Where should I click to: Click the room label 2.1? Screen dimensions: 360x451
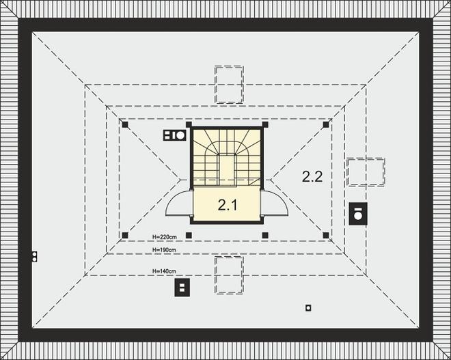[227, 204]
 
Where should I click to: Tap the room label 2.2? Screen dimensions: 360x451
[312, 176]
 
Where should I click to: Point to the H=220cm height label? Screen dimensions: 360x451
[165, 237]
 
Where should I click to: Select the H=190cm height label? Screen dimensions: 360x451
[165, 251]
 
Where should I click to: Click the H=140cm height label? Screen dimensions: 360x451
[165, 271]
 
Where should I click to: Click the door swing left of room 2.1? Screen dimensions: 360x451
[180, 204]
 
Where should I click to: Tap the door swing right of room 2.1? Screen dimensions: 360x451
[276, 204]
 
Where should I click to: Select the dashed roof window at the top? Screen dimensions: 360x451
[230, 84]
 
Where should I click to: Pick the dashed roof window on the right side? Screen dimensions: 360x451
[365, 172]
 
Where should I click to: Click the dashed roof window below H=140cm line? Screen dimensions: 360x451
[230, 275]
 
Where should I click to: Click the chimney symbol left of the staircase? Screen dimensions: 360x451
[175, 135]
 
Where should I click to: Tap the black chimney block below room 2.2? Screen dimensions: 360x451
[357, 214]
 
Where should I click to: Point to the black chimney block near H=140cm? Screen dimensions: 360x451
[182, 288]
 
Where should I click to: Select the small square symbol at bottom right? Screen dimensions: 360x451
[308, 307]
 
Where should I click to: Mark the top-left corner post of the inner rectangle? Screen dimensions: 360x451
[125, 124]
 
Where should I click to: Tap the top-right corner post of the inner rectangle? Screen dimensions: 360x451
[327, 124]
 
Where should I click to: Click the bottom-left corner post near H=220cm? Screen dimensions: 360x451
[125, 236]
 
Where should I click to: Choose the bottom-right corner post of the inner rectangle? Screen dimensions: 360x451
[327, 236]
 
